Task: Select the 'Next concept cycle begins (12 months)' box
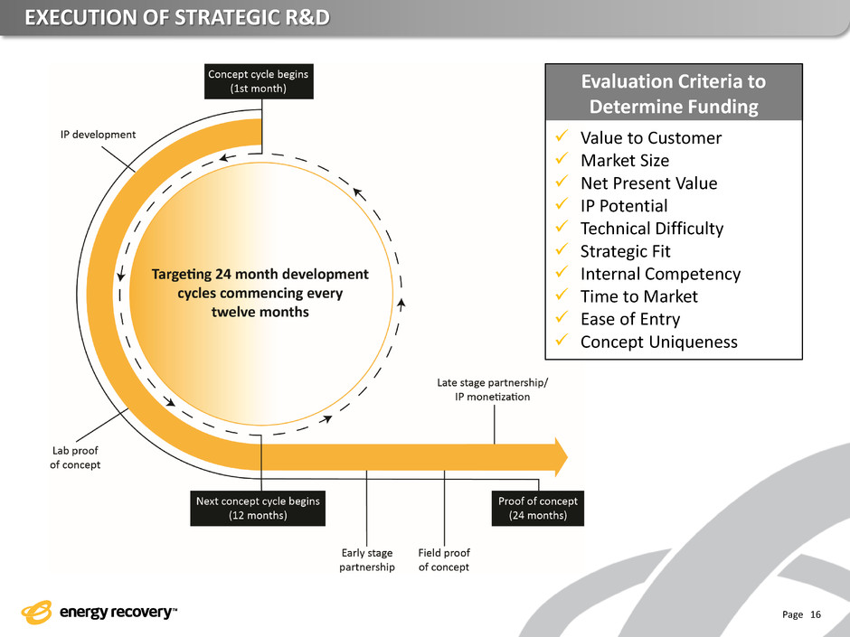[x=259, y=509]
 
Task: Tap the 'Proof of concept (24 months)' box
[x=538, y=509]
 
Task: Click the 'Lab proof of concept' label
[x=75, y=457]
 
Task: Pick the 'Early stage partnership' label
[x=367, y=560]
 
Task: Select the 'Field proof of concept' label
[x=444, y=560]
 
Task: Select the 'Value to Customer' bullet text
[x=651, y=138]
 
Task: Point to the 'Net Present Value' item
[x=648, y=183]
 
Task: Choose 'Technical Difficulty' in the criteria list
[x=652, y=229]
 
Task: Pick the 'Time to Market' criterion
[x=639, y=296]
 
